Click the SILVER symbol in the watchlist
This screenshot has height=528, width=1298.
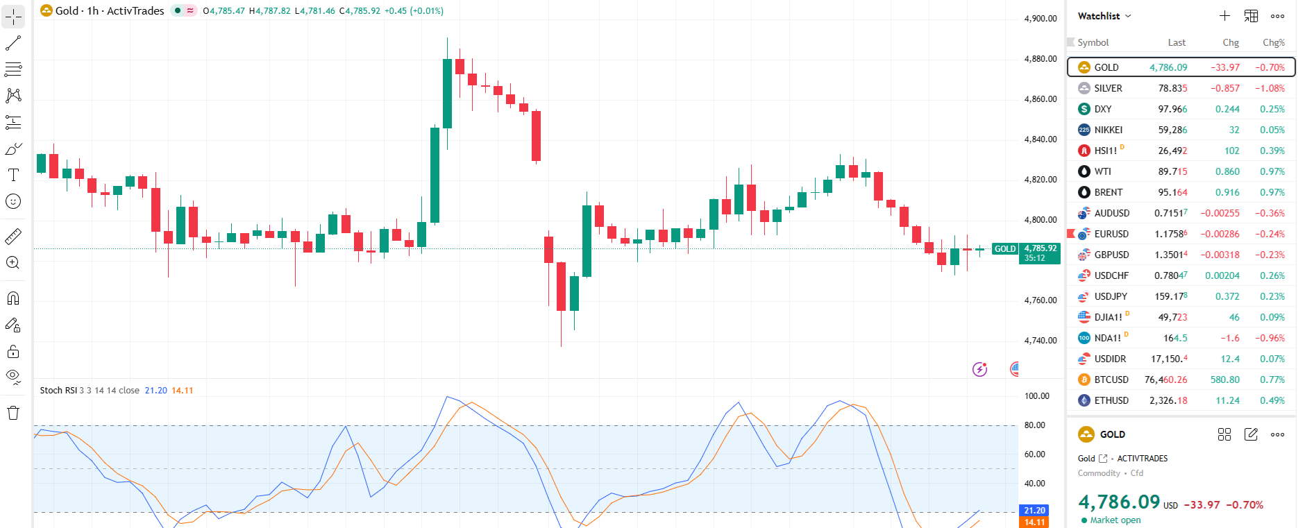[1108, 88]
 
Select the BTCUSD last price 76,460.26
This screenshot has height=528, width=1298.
[1165, 380]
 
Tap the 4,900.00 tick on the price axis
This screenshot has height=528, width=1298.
[1040, 19]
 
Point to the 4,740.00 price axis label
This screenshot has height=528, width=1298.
[1040, 341]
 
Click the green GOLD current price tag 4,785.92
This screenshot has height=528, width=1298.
[1040, 248]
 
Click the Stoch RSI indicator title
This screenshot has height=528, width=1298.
[58, 391]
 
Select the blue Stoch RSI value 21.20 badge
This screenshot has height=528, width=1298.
[1034, 511]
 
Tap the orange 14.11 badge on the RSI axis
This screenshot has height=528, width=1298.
[1034, 522]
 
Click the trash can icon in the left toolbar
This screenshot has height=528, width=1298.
[13, 414]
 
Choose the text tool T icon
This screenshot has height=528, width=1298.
[13, 175]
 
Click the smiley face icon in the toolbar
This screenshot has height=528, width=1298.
[13, 202]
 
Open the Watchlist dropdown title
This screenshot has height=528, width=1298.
[1104, 16]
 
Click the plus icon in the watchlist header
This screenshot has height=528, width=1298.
[1224, 16]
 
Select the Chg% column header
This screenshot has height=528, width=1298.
[1273, 42]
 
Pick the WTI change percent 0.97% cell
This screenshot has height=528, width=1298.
[1272, 171]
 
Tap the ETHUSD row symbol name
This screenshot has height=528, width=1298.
[1111, 400]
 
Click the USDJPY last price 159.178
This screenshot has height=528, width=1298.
[1170, 296]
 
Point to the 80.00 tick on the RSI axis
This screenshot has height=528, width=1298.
[1035, 425]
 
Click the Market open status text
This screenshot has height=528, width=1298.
[1115, 520]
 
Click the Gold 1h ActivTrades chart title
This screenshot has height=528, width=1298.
[110, 11]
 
